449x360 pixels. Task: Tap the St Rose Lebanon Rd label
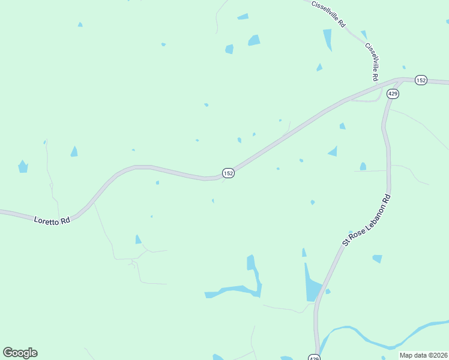coord(367,220)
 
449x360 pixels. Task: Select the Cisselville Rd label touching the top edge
coord(329,13)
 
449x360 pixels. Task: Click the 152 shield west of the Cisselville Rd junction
coord(228,173)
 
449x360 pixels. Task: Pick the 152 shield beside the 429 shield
coord(421,80)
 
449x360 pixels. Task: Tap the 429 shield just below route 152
coord(393,94)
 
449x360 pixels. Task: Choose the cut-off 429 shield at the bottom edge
coord(314,357)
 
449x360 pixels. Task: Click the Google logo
coord(20,353)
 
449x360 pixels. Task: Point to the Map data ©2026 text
coord(423,355)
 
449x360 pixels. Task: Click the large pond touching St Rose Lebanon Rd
coord(312,285)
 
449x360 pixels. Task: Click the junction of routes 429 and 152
coord(401,80)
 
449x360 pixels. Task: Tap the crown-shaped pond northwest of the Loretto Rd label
coord(23,167)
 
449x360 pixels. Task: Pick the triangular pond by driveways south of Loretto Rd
coord(138,239)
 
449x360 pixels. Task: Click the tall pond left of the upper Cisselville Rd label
coord(328,40)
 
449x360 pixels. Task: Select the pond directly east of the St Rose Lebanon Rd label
coord(377,259)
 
